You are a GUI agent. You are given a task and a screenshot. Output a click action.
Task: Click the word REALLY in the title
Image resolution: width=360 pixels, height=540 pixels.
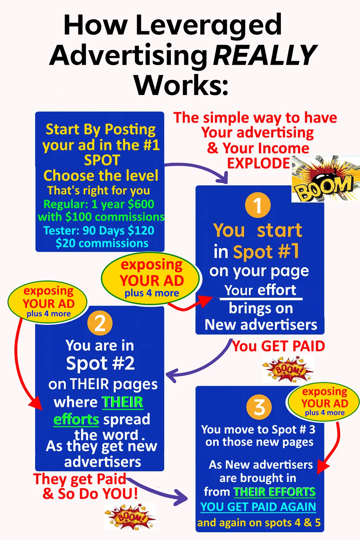click(x=265, y=55)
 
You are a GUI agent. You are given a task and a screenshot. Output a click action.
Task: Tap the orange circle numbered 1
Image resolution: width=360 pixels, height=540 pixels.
click(x=258, y=205)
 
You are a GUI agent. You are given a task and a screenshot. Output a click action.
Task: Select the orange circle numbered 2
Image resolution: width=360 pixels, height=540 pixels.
click(x=100, y=323)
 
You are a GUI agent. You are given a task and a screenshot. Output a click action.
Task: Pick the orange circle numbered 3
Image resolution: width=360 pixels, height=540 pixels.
click(x=259, y=407)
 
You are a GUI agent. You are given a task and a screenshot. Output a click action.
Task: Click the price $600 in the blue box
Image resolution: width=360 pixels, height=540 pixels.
click(x=141, y=204)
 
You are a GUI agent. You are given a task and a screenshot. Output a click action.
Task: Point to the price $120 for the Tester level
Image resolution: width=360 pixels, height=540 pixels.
click(x=141, y=231)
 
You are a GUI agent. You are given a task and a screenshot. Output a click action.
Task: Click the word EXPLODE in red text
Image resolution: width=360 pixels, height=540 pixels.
click(x=258, y=163)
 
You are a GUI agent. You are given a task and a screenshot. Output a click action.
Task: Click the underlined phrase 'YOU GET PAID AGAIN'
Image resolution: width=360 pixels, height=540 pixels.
click(x=258, y=507)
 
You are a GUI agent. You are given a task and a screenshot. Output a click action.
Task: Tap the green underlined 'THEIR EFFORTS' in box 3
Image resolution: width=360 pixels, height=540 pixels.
click(x=275, y=492)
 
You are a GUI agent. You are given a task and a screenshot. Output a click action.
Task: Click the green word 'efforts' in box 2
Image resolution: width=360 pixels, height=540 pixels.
click(x=76, y=419)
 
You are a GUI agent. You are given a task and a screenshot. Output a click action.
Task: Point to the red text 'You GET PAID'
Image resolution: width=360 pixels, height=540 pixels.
click(x=278, y=346)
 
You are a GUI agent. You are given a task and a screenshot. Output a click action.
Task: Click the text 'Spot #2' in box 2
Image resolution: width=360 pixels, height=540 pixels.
click(x=100, y=363)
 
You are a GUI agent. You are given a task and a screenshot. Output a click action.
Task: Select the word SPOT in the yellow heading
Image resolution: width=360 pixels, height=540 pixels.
click(x=102, y=160)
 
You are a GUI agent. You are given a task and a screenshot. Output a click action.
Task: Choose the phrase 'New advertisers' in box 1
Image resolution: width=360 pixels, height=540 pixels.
click(x=261, y=325)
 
